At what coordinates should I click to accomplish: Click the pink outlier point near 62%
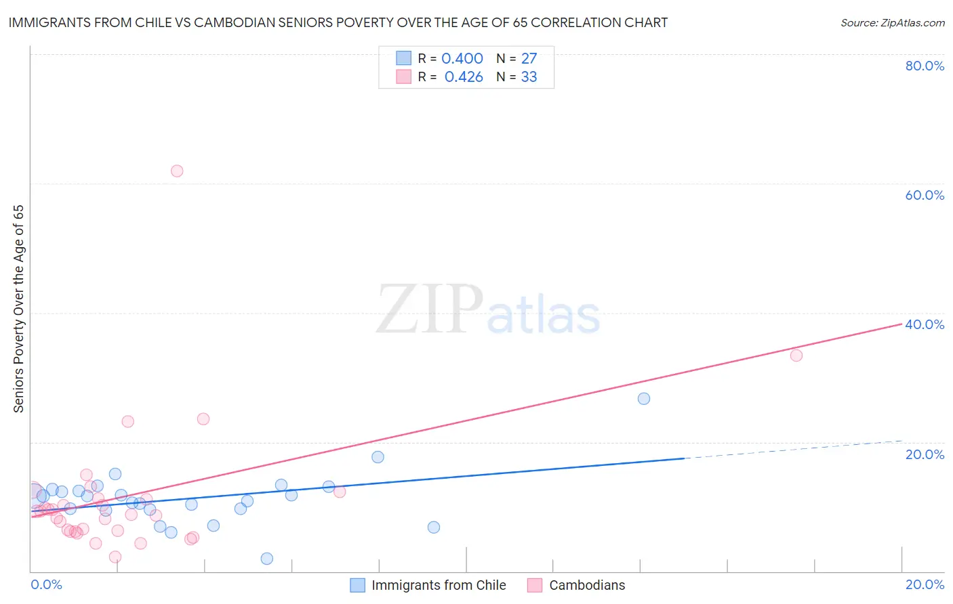click(177, 171)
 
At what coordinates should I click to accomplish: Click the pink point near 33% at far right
click(796, 355)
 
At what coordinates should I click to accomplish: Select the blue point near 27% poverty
click(644, 399)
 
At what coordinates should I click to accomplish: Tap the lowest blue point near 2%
click(267, 559)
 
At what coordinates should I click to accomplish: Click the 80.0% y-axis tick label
click(925, 66)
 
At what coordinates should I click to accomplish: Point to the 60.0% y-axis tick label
click(925, 195)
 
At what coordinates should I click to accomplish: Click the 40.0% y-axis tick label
click(925, 324)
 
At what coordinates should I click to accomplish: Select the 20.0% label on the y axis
click(925, 454)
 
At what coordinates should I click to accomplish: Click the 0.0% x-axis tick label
click(47, 585)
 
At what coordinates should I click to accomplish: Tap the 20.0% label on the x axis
click(925, 585)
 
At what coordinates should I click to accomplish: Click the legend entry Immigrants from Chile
click(439, 586)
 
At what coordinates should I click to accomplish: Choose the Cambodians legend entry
click(587, 586)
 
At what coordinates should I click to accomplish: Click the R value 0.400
click(462, 59)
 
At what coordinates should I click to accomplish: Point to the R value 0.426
click(464, 77)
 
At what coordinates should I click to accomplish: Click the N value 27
click(529, 59)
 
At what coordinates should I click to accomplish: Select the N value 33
click(529, 77)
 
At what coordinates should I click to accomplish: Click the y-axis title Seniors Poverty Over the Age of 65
click(19, 309)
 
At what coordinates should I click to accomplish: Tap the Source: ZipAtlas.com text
click(893, 23)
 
